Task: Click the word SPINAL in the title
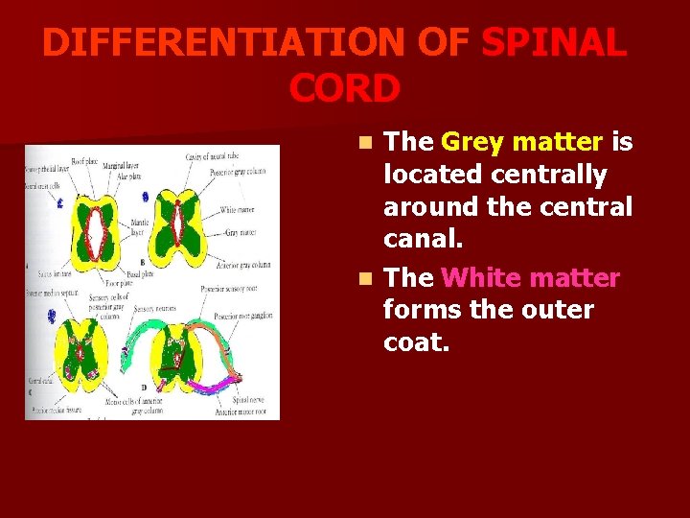click(555, 44)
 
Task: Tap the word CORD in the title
click(344, 88)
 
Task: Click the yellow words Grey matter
click(522, 142)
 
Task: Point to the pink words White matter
click(531, 278)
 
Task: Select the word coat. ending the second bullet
click(416, 342)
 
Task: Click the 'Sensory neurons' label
click(157, 309)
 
